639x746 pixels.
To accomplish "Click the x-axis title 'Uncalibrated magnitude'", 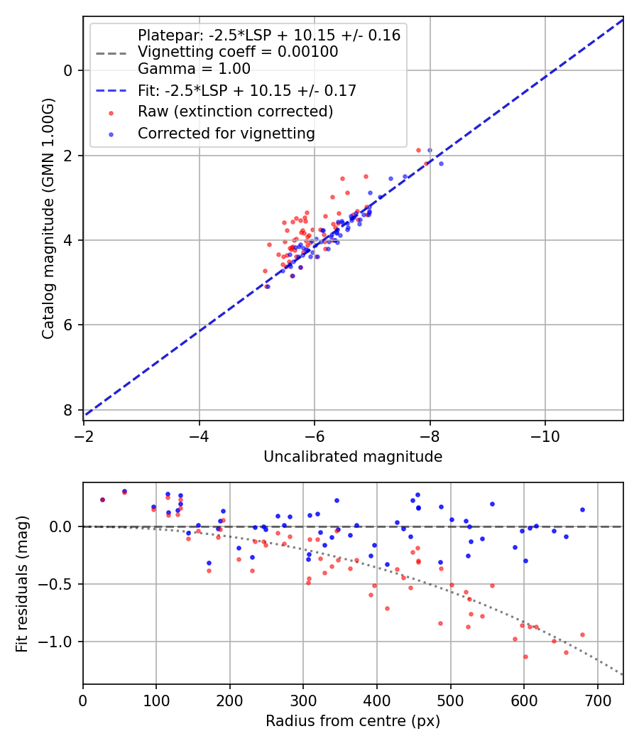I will coord(353,457).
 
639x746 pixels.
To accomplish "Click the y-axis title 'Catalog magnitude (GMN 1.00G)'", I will coord(48,219).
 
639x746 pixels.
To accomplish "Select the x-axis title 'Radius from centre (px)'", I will coord(353,721).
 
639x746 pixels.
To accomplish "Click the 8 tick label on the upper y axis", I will coord(69,410).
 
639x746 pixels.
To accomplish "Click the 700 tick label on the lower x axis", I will coord(597,701).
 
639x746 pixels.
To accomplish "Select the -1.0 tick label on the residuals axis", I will coord(58,642).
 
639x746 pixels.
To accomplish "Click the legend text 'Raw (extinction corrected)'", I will coord(236,112).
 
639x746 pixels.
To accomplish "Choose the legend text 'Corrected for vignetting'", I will coord(226,133).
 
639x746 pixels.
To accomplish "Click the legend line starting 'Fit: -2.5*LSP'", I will coord(247,90).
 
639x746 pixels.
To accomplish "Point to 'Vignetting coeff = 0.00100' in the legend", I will coord(238,52).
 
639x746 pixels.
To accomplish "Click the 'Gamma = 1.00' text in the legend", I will coord(194,69).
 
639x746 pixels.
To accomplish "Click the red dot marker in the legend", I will coord(110,112).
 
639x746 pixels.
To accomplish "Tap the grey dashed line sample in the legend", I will coord(110,52).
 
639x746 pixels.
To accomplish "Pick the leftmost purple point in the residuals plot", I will coord(102,499).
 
